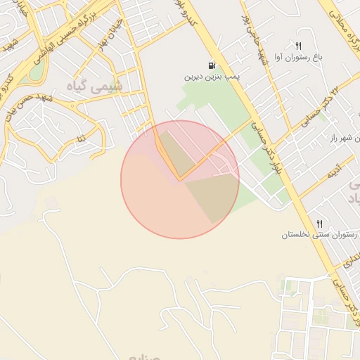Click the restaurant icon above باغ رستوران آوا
point(299,46)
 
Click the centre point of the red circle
point(180,180)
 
